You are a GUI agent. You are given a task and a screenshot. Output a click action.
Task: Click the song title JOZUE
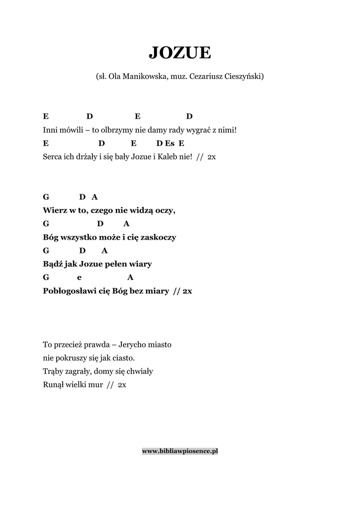pos(180,52)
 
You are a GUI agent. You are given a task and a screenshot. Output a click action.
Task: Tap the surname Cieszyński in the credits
pos(242,77)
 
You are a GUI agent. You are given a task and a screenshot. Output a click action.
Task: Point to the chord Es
pos(170,144)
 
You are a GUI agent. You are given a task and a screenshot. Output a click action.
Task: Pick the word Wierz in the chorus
pos(54,210)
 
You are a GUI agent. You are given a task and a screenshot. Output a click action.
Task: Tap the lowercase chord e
pos(79,277)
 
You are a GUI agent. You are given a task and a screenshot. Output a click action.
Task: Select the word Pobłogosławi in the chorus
pos(67,291)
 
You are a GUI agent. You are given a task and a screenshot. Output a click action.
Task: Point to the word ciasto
pos(124,358)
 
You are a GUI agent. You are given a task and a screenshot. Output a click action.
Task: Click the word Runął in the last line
pos(54,385)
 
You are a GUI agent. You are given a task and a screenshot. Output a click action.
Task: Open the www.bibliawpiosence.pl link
pos(180,451)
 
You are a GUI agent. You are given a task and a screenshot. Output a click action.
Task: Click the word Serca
pos(53,157)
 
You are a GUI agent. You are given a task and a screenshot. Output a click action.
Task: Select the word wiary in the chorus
pos(141,264)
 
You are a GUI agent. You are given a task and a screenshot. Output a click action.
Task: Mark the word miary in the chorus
pos(157,291)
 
